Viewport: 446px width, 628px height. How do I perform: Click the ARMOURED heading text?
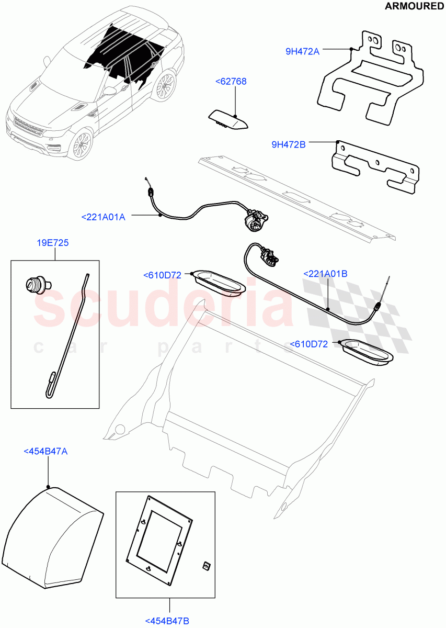(414, 6)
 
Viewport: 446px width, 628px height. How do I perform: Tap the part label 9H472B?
(289, 144)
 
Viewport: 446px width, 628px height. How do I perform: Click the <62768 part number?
(231, 81)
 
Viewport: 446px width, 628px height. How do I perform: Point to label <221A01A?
(104, 217)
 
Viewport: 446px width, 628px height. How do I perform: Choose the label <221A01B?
(326, 273)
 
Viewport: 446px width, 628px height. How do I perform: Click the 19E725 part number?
(52, 243)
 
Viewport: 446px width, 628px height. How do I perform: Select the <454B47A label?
(45, 451)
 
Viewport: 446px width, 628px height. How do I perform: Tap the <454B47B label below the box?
(167, 621)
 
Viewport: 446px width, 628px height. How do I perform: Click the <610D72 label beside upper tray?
(162, 275)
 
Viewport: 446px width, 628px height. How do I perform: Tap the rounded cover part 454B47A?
(52, 529)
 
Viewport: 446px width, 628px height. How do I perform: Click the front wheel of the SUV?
(82, 144)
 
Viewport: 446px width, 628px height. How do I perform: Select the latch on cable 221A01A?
(255, 220)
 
